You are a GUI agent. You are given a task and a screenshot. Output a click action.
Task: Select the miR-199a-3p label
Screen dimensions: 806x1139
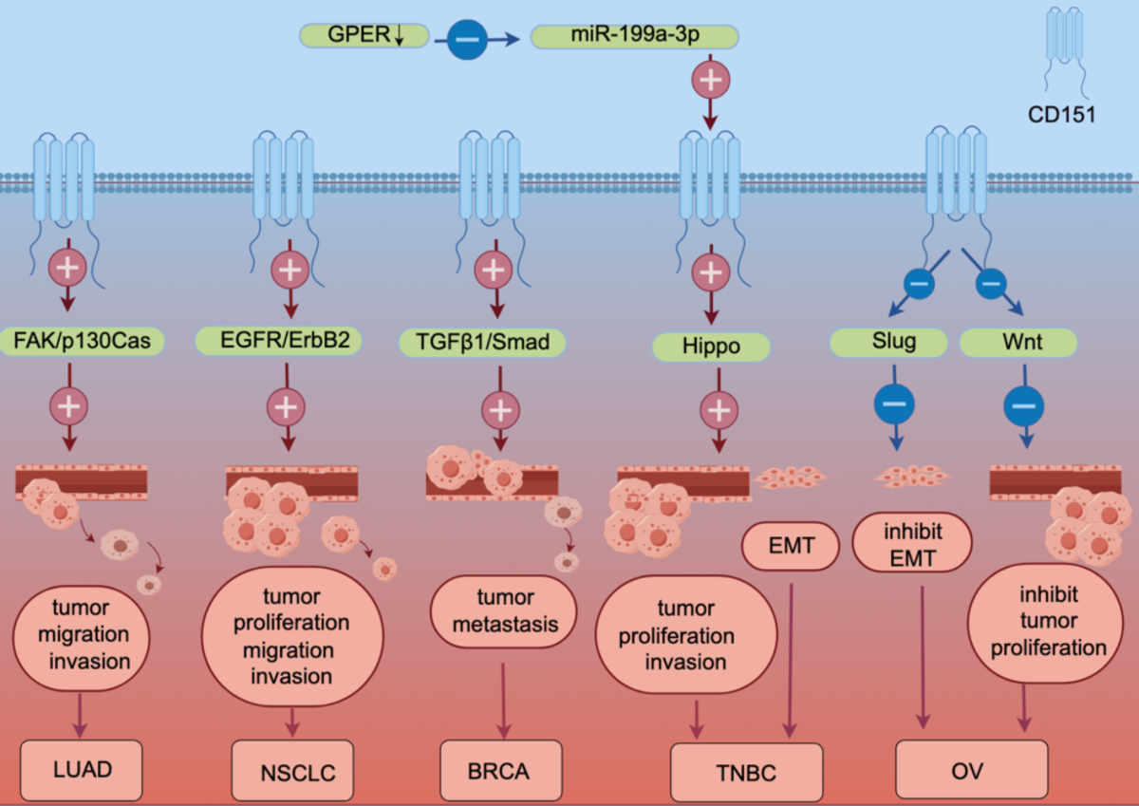[x=634, y=37]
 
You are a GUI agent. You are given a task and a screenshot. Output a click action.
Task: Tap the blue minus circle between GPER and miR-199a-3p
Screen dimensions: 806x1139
[x=470, y=39]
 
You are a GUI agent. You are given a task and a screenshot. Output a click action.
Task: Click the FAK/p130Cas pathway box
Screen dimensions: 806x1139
[x=83, y=338]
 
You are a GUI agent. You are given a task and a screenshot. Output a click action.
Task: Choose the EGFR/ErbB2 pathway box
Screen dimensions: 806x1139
[x=278, y=340]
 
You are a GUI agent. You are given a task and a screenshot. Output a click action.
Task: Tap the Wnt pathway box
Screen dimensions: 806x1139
[x=1018, y=343]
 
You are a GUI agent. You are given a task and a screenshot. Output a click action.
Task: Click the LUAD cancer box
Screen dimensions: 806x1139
[x=82, y=768]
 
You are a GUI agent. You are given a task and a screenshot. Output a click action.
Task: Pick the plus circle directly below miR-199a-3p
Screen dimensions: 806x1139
[x=708, y=81]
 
